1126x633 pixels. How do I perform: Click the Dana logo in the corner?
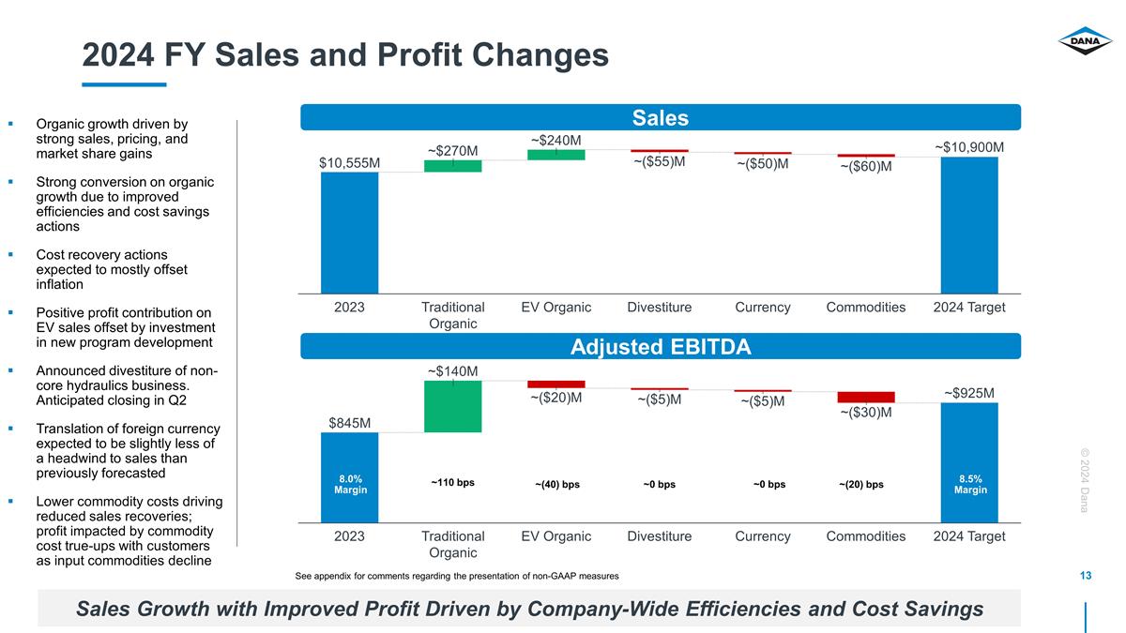coord(1085,42)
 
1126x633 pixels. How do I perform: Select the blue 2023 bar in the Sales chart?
coord(349,233)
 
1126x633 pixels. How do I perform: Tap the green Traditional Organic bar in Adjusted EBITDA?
coord(453,406)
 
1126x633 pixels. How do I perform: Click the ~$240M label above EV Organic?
coord(555,140)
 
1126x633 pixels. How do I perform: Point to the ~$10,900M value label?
coord(969,147)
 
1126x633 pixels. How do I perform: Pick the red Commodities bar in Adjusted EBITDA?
coord(866,397)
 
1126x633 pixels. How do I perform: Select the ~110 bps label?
coord(452,483)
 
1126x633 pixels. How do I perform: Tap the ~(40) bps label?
coord(557,485)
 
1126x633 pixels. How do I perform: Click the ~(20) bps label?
coord(860,485)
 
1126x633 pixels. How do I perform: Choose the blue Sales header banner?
coord(660,117)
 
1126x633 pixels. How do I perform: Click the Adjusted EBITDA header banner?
coord(660,347)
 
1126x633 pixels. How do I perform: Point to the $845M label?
coord(351,423)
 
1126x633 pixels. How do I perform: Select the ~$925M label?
coord(969,393)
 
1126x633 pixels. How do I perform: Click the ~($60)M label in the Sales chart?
coord(865,167)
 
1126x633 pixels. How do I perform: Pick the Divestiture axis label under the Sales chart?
coord(659,308)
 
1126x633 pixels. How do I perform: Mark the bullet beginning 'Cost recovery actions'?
coord(112,269)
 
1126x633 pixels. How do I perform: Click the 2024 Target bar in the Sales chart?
coord(969,225)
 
